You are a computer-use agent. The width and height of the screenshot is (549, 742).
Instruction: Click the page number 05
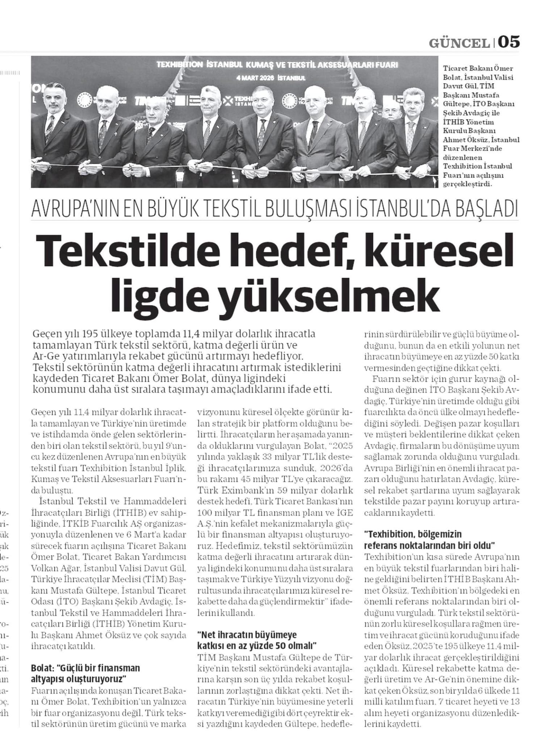pos(509,42)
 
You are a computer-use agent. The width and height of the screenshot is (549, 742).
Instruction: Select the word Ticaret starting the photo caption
pos(454,68)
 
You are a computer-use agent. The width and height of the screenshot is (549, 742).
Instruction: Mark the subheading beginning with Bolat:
pos(85,672)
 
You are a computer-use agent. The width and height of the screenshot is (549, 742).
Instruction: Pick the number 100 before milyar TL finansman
pos(205,513)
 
